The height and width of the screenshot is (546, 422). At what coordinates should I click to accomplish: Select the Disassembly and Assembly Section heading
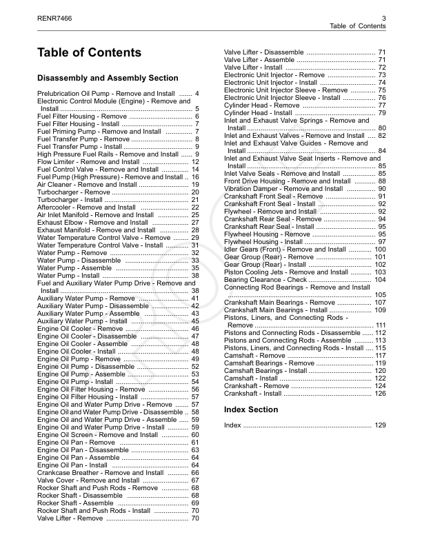pyautogui.click(x=108, y=78)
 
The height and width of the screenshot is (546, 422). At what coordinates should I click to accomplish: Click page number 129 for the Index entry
pyautogui.click(x=380, y=425)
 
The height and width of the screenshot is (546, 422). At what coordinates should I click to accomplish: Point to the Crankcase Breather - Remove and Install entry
pyautogui.click(x=101, y=473)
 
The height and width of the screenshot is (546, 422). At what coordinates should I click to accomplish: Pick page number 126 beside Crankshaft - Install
pyautogui.click(x=380, y=394)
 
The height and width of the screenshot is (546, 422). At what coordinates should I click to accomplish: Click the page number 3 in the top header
pyautogui.click(x=383, y=17)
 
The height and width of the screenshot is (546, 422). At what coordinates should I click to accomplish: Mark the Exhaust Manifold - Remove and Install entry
pyautogui.click(x=97, y=230)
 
